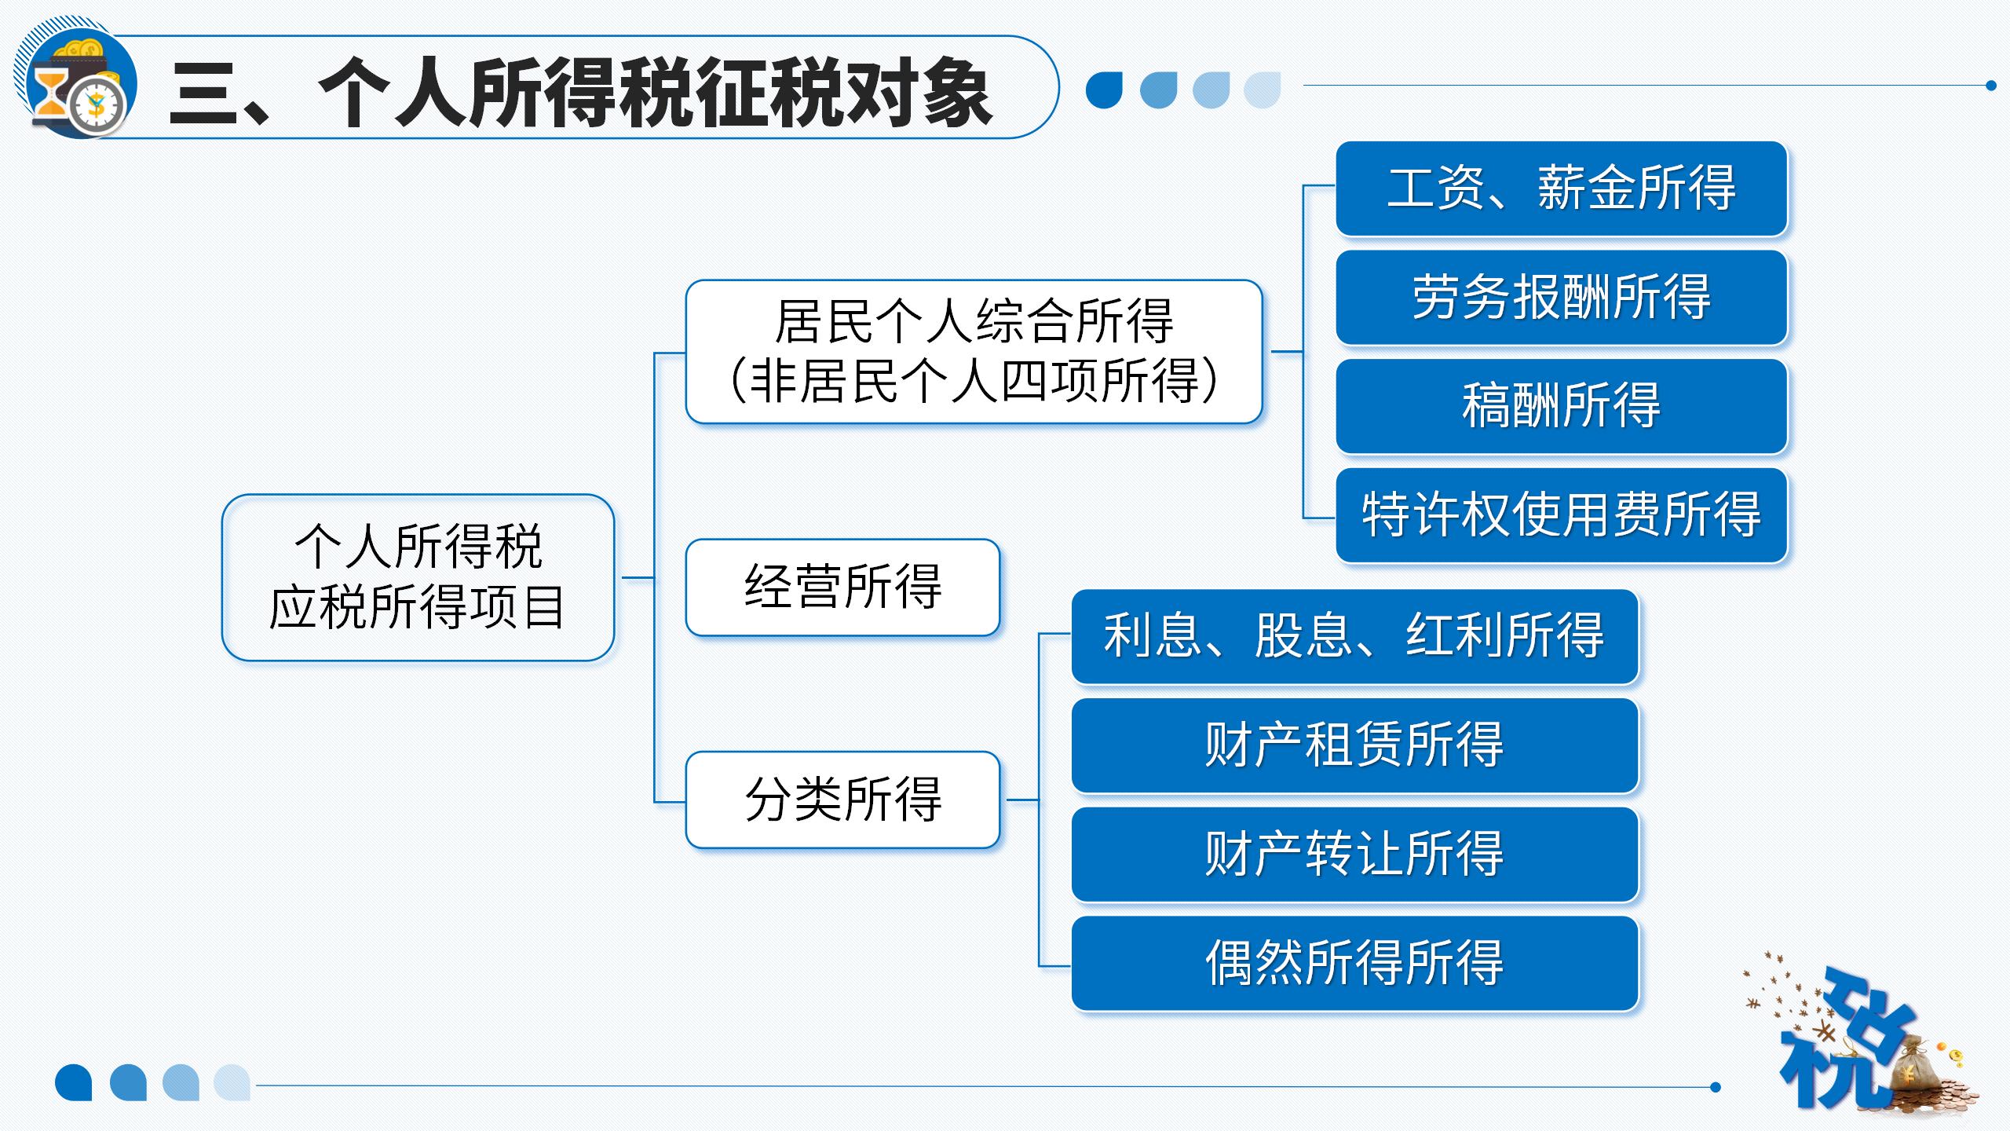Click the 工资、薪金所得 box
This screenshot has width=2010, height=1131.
click(1562, 188)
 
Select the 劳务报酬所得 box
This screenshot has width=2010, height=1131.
click(1562, 298)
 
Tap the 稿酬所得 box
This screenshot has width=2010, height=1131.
click(1562, 406)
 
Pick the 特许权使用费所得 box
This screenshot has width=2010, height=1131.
click(1562, 515)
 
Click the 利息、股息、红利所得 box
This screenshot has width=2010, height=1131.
click(1355, 636)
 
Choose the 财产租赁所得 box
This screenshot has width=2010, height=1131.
click(1355, 745)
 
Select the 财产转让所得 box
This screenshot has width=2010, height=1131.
click(1355, 854)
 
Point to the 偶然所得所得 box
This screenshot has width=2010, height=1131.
click(1355, 963)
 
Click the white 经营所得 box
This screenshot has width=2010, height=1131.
click(842, 587)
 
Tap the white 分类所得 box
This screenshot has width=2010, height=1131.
click(842, 800)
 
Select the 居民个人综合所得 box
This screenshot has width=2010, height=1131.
click(974, 352)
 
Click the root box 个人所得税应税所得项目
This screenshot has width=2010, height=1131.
click(418, 577)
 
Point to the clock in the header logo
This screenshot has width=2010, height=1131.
click(97, 105)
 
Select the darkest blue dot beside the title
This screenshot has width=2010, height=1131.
click(1104, 90)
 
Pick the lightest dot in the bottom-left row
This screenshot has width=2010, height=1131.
click(232, 1083)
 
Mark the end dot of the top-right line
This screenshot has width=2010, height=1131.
click(1990, 86)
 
